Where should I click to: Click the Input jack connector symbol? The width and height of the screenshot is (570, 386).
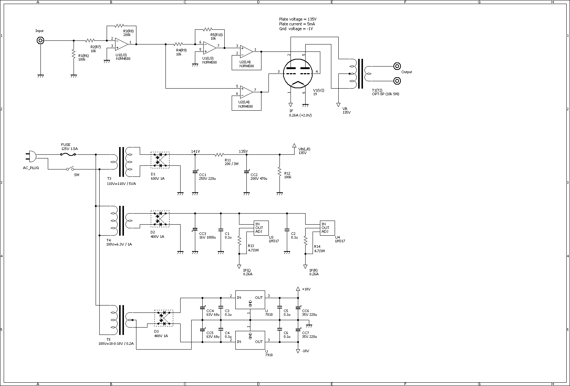click(40, 40)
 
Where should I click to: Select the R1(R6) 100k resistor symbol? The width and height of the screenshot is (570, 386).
click(74, 54)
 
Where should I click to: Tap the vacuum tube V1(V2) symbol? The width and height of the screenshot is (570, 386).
click(298, 73)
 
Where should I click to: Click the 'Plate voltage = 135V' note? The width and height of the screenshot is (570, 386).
click(298, 19)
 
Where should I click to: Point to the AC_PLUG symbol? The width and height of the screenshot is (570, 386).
click(31, 156)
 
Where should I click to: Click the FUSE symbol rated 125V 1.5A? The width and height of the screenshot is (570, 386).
click(68, 154)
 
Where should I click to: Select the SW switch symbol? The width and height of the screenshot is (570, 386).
click(70, 169)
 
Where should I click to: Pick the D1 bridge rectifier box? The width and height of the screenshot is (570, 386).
click(160, 160)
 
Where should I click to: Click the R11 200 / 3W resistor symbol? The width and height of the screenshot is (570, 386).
click(219, 154)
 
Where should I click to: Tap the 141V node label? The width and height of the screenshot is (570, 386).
click(195, 151)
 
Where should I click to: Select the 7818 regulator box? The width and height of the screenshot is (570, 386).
click(250, 300)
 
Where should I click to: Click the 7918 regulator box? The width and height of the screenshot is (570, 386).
click(250, 340)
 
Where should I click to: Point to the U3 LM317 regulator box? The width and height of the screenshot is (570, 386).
click(261, 228)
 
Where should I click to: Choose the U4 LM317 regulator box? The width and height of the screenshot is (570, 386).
click(327, 228)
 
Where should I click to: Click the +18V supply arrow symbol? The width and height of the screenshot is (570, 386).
click(298, 289)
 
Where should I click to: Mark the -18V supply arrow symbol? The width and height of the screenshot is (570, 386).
click(298, 351)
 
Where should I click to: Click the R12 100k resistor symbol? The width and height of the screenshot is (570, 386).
click(279, 172)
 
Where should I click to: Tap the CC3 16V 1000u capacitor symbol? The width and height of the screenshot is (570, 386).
click(195, 229)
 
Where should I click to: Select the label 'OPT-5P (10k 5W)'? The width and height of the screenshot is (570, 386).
click(385, 94)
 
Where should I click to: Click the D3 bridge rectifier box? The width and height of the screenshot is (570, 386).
click(164, 318)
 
